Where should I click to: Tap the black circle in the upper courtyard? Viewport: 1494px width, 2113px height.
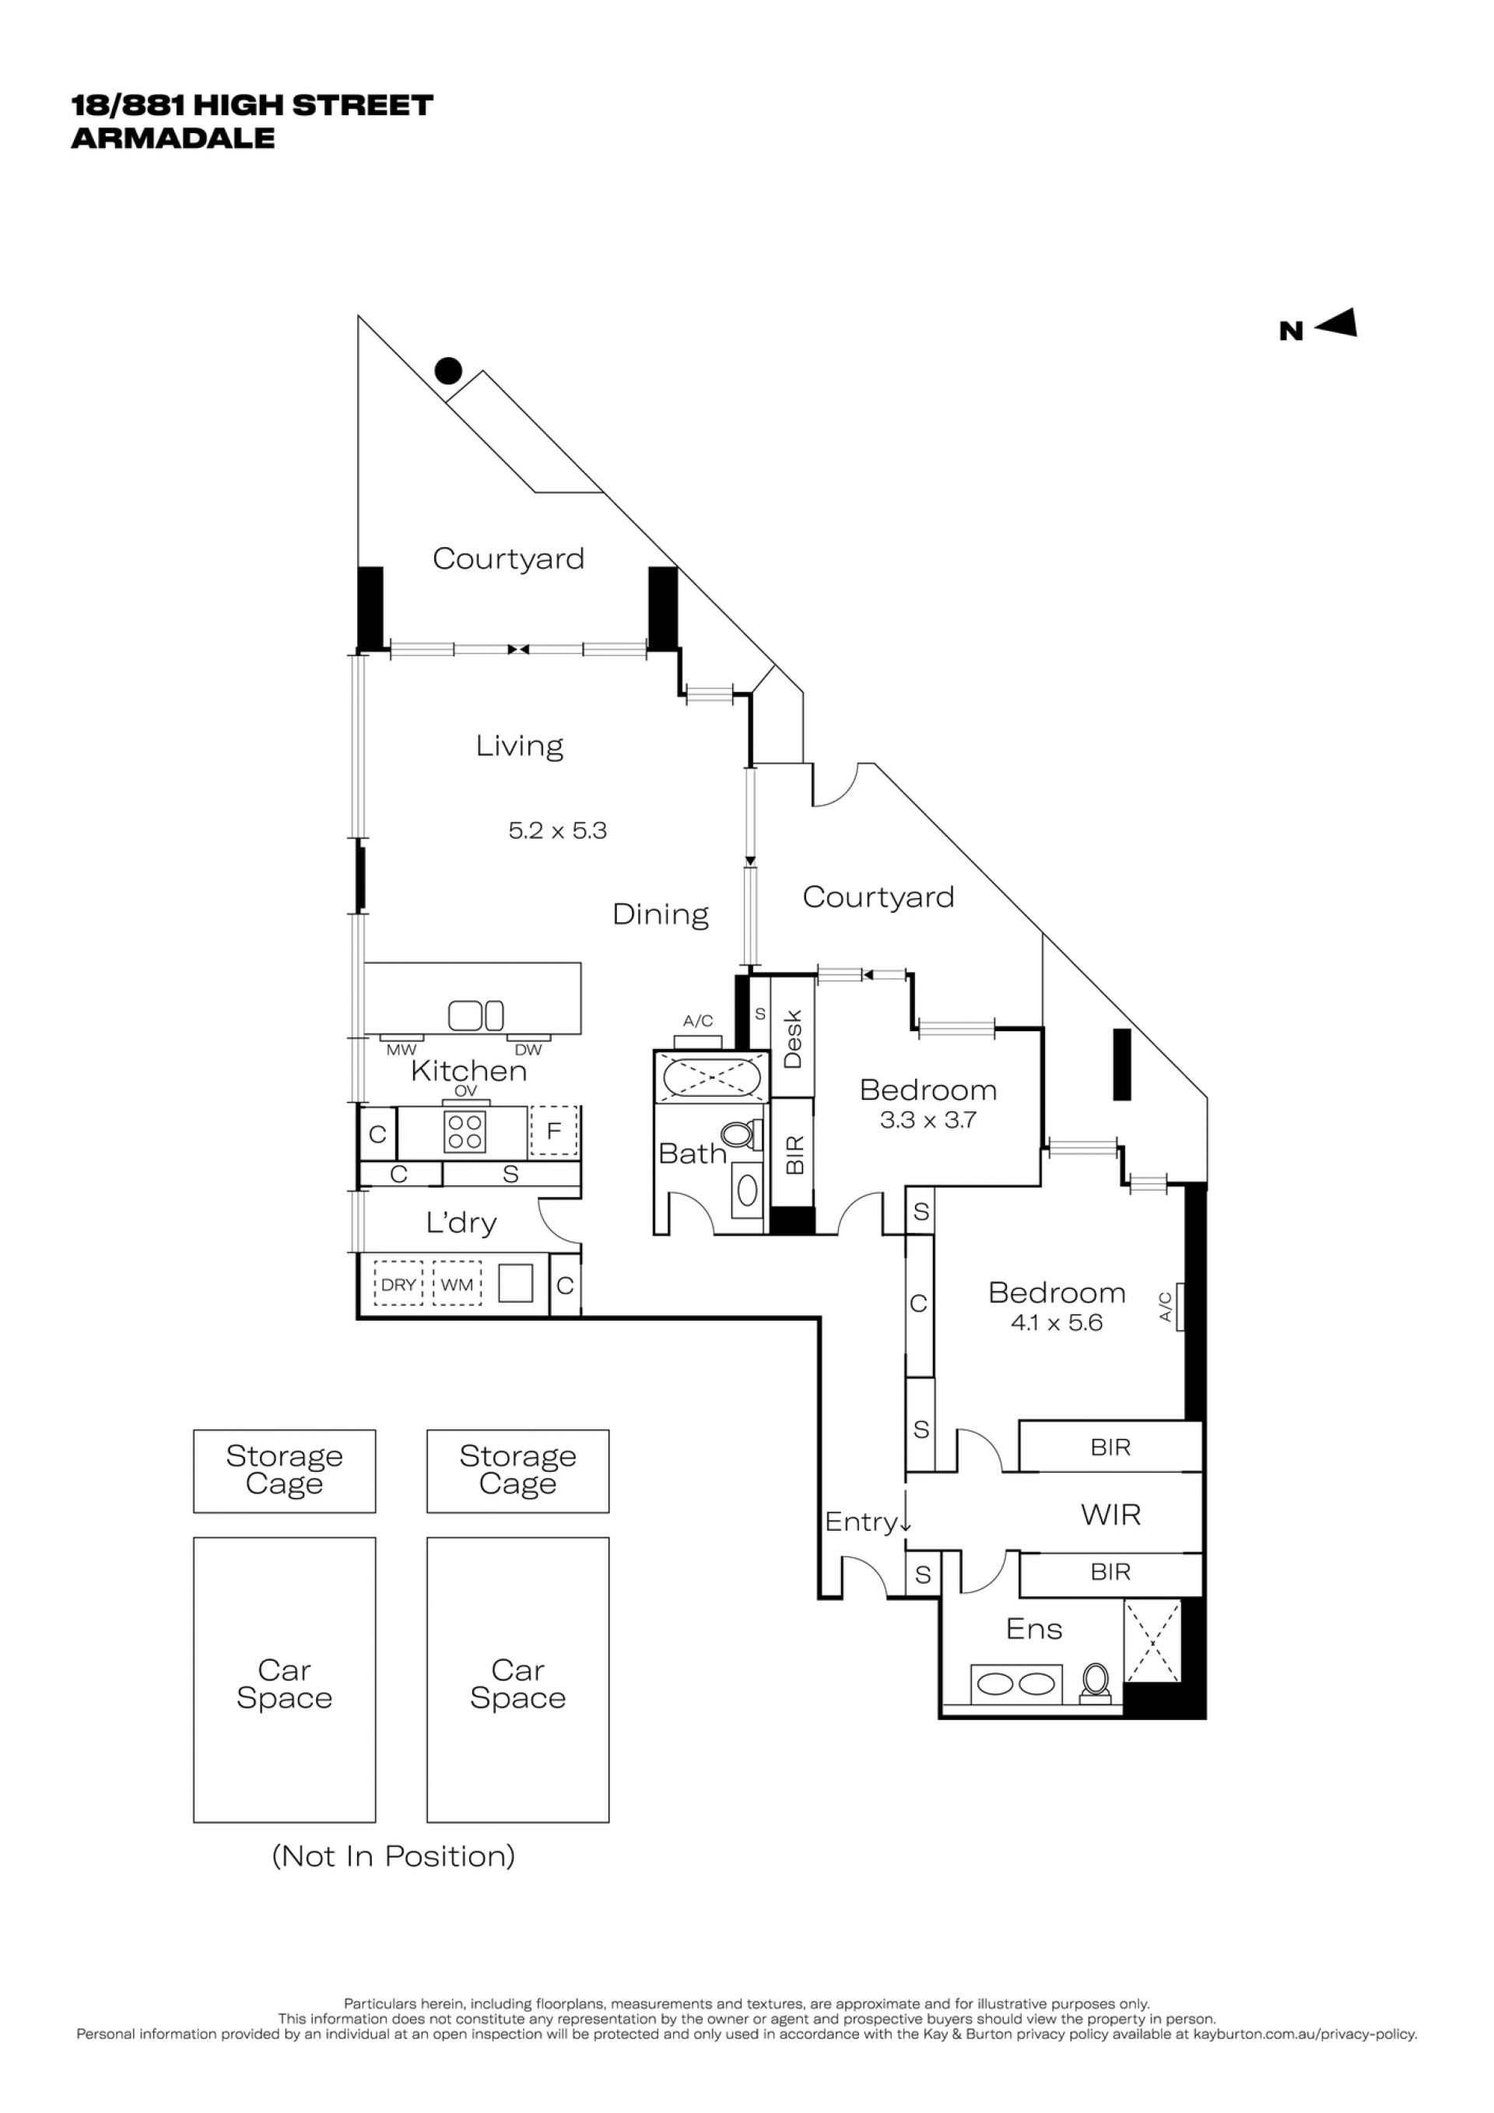(x=448, y=371)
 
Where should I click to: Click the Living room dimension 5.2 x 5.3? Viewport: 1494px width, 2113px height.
(x=557, y=831)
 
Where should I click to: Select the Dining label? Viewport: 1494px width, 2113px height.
(x=661, y=914)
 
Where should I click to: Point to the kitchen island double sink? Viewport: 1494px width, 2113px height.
(x=475, y=1015)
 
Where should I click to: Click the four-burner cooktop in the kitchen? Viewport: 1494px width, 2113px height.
(x=465, y=1132)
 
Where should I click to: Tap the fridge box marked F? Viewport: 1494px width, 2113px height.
(x=553, y=1131)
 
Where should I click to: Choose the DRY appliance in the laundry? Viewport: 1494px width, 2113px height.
(x=398, y=1285)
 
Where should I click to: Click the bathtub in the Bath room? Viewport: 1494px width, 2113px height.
(x=710, y=1075)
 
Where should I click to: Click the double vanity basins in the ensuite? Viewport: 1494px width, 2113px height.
(x=1016, y=1684)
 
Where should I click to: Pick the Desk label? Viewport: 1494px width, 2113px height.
(x=792, y=1039)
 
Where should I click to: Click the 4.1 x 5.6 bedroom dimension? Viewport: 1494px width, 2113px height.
(x=1056, y=1323)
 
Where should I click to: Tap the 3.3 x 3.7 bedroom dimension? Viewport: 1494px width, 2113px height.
(x=928, y=1120)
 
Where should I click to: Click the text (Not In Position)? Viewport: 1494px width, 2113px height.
(x=394, y=1855)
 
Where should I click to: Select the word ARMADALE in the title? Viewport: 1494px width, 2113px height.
(x=173, y=138)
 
